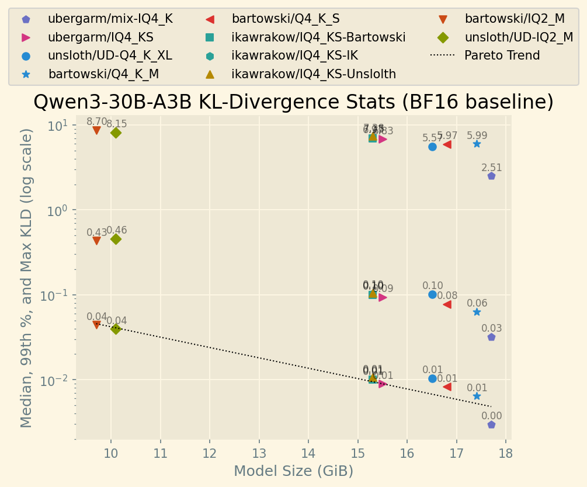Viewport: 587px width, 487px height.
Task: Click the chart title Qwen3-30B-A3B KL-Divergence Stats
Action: click(293, 102)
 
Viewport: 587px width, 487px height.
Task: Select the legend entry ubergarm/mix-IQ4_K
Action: click(110, 19)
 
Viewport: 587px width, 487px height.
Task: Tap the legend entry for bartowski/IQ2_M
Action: click(515, 19)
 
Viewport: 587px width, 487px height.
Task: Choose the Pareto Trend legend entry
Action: click(502, 55)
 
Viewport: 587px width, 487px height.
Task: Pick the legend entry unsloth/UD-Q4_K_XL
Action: click(110, 55)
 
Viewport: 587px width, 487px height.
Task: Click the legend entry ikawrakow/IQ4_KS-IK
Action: click(294, 55)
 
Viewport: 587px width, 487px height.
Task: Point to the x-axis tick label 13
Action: click(258, 454)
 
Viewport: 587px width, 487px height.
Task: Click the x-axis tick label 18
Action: click(506, 454)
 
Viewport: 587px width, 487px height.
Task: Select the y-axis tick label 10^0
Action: click(57, 210)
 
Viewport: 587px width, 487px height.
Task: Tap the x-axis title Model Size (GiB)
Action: click(293, 471)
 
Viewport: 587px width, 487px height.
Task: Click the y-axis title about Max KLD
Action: click(27, 277)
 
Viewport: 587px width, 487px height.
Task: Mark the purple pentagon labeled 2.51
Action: click(491, 176)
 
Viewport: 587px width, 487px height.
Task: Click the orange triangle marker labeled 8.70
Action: click(96, 130)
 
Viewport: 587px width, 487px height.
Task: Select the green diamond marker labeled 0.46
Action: click(116, 239)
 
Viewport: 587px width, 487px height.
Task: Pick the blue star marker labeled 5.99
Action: click(477, 144)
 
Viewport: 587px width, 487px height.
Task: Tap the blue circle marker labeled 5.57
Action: click(432, 147)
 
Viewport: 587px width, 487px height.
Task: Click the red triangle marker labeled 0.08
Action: click(447, 304)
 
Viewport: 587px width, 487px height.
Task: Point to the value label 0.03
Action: click(491, 329)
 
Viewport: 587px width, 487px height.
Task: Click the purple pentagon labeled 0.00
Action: click(491, 425)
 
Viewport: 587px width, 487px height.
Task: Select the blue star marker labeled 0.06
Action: click(477, 312)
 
